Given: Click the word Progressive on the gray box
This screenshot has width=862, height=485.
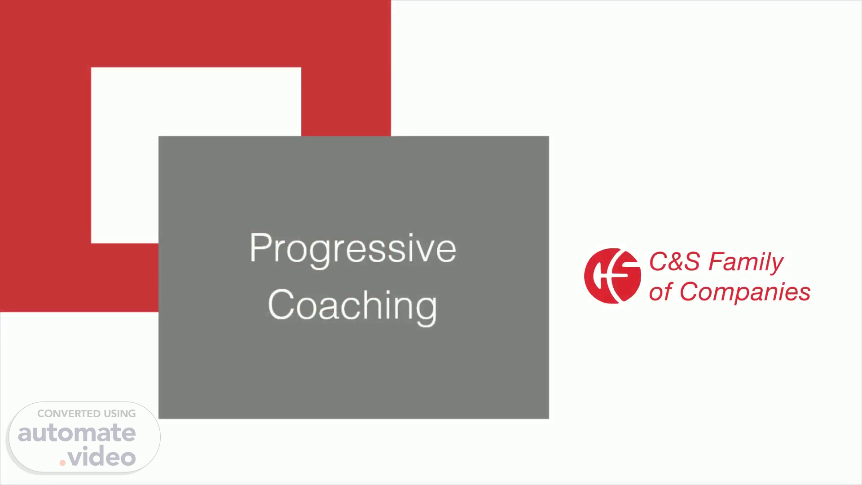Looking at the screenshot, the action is pyautogui.click(x=353, y=250).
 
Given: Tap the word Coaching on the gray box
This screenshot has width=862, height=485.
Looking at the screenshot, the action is pyautogui.click(x=352, y=305).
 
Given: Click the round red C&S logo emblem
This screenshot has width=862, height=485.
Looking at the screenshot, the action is pyautogui.click(x=612, y=276).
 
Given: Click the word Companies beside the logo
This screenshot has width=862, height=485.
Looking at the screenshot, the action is pyautogui.click(x=745, y=293).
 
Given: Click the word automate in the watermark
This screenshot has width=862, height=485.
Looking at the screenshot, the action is pyautogui.click(x=77, y=433).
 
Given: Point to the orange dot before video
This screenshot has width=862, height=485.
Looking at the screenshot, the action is pyautogui.click(x=63, y=463).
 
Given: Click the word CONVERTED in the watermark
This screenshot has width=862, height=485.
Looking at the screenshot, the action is pyautogui.click(x=69, y=414).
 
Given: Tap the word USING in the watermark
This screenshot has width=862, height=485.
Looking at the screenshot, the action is pyautogui.click(x=120, y=414).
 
